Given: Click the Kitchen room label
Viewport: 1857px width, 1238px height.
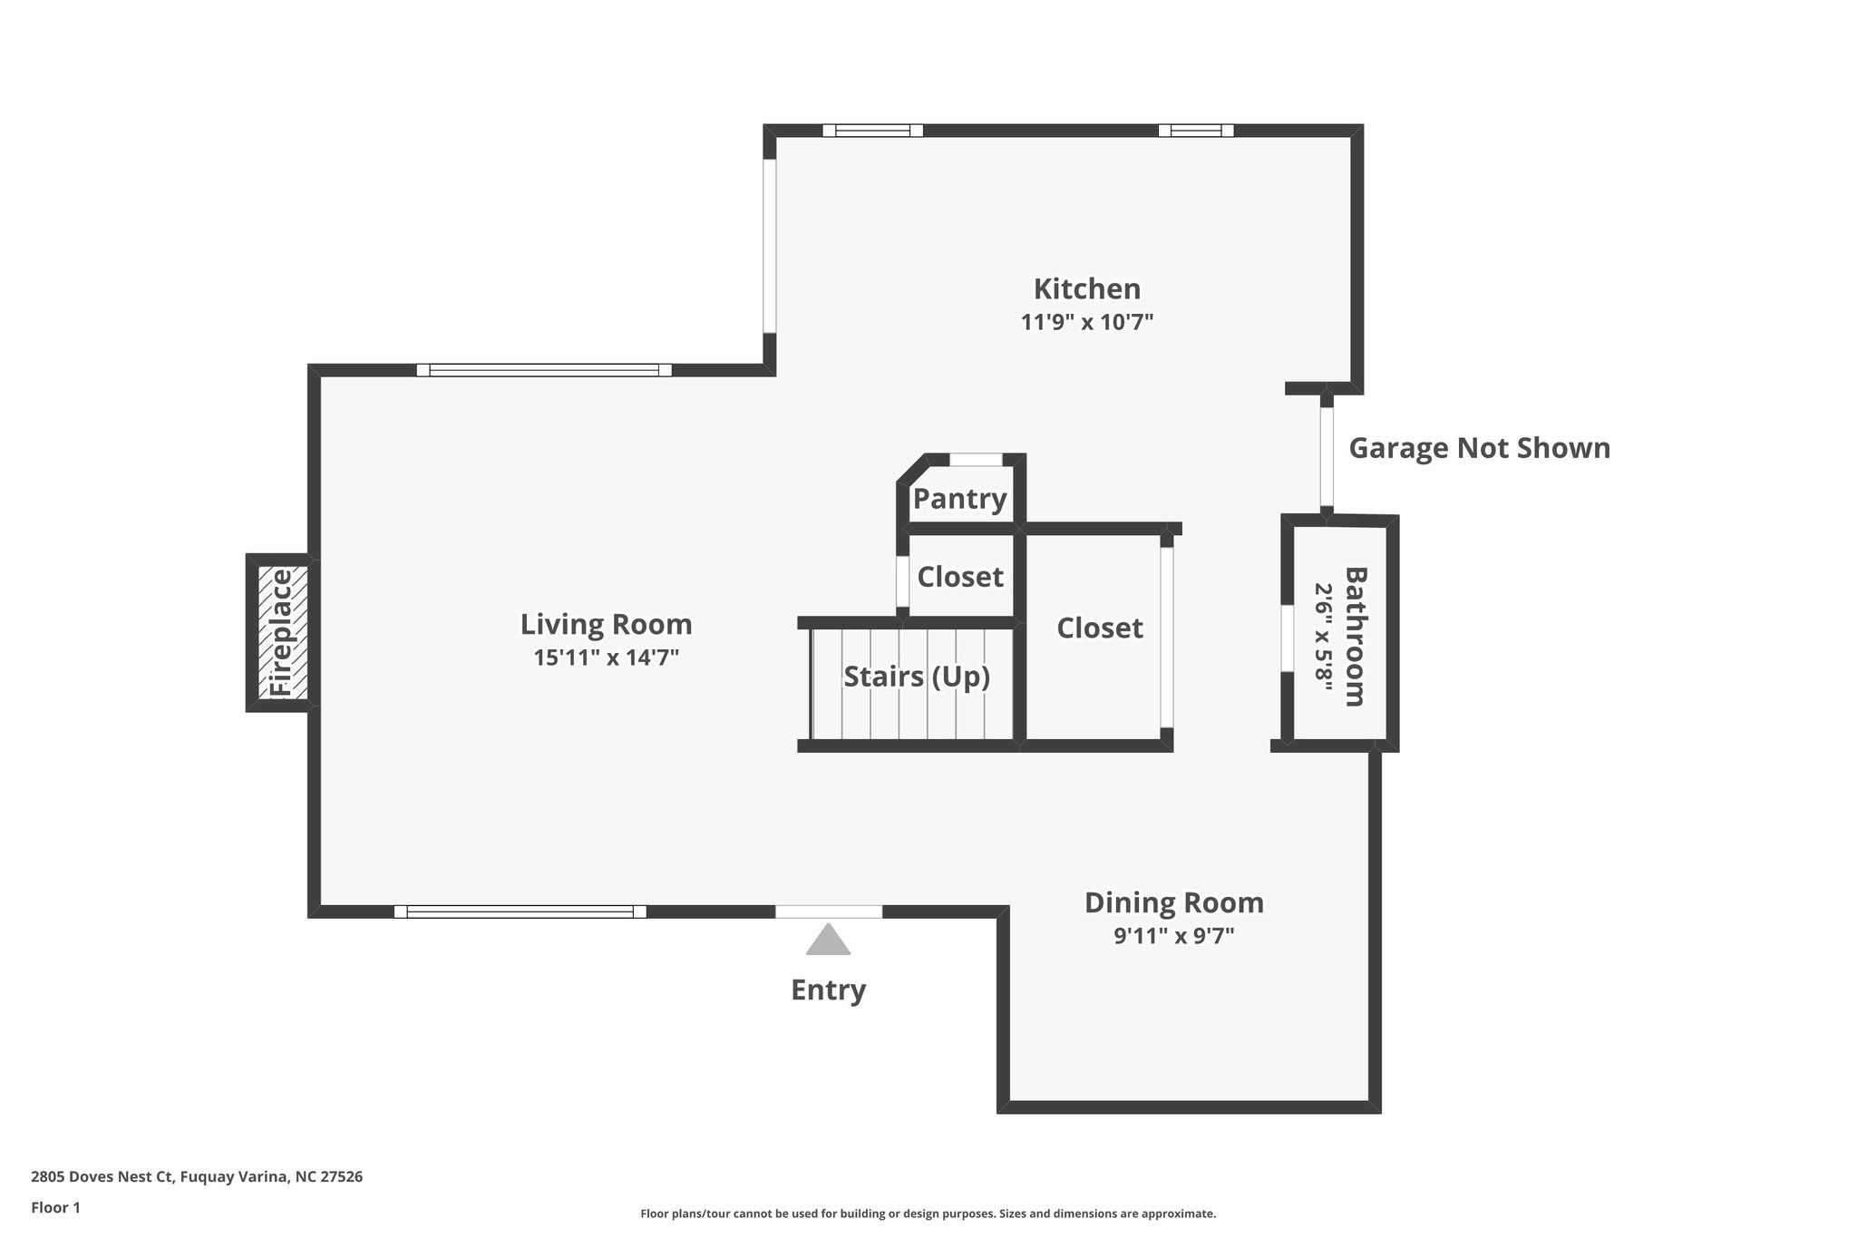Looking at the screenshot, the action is [x=1086, y=288].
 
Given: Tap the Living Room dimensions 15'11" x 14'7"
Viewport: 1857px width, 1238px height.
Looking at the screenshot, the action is [x=606, y=658].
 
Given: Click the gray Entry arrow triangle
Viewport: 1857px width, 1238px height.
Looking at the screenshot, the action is [x=828, y=941].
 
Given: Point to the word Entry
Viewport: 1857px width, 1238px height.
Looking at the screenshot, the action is [x=828, y=989].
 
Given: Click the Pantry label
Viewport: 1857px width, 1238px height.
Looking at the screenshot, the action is [x=959, y=498].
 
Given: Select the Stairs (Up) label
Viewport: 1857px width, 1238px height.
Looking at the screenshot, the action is [x=916, y=677].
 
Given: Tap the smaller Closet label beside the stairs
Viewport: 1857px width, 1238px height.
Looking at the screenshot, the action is [x=959, y=577].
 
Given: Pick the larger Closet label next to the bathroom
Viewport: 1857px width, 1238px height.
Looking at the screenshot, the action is [x=1099, y=628].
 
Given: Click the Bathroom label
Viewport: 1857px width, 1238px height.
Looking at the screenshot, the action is [x=1355, y=636].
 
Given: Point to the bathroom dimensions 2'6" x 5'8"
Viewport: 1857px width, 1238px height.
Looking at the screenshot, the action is [x=1325, y=636].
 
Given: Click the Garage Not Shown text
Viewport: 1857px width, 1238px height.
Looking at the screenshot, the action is [x=1479, y=448].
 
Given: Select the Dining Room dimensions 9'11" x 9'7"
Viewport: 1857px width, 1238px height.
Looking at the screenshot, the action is [x=1173, y=936].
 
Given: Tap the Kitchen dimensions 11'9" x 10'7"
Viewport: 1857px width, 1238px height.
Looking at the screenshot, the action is [x=1086, y=322].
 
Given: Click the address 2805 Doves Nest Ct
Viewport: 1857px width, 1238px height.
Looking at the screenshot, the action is [x=196, y=1177].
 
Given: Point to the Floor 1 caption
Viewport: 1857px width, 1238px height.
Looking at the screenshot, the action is [x=55, y=1208].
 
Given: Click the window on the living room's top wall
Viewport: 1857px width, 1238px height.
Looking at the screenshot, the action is [x=544, y=370].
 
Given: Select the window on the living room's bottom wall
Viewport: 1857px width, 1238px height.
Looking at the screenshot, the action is [x=520, y=911].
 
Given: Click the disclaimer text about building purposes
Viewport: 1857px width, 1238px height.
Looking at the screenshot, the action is [x=928, y=1214].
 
